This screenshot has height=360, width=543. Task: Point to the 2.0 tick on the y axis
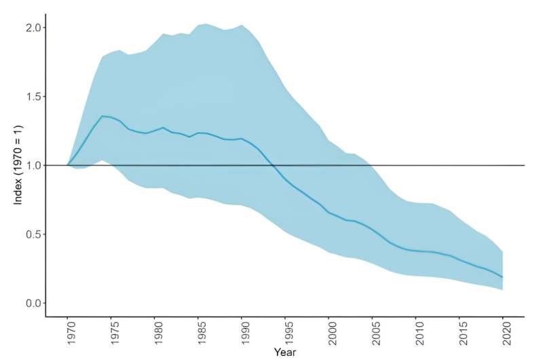(33, 28)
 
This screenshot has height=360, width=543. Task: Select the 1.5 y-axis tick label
(33, 96)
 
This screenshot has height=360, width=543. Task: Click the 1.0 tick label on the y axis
(33, 165)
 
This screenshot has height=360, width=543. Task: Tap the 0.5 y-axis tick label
(33, 234)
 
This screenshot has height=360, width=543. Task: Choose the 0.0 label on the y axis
(33, 303)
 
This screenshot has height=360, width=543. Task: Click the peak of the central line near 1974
(102, 116)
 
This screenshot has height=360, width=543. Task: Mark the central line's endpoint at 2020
(502, 277)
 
